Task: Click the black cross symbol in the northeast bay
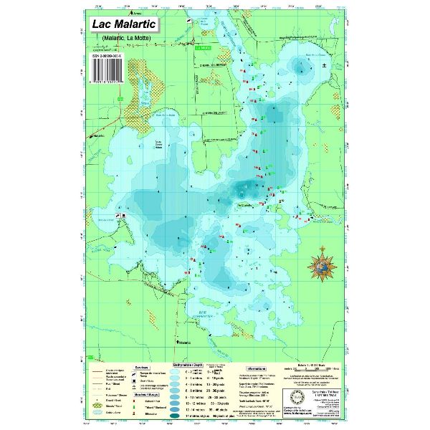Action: click(x=324, y=66)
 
